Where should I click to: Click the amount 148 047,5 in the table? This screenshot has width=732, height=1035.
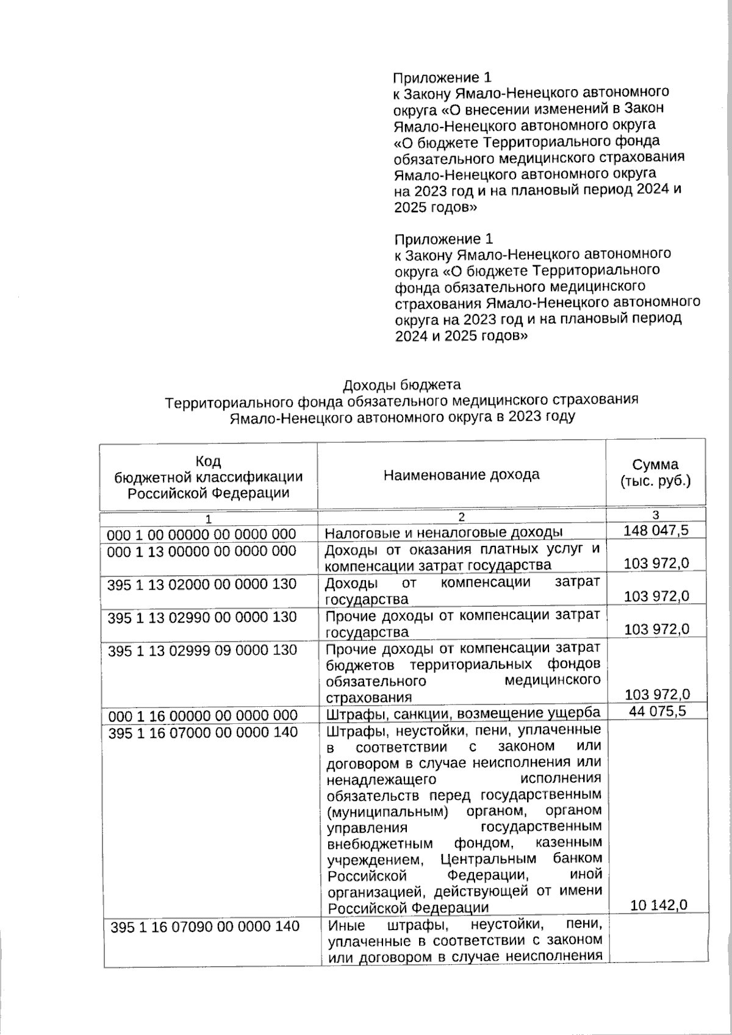[x=656, y=530]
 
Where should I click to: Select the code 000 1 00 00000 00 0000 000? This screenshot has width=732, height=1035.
[x=201, y=534]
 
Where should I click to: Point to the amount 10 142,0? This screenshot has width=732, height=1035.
[x=659, y=905]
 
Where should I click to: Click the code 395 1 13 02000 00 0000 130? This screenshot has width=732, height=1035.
[x=202, y=584]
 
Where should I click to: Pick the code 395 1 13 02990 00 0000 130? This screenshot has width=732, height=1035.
[x=202, y=617]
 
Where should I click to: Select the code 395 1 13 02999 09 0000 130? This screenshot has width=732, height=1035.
[x=202, y=650]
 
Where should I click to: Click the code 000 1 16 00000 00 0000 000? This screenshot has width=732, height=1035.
[x=202, y=715]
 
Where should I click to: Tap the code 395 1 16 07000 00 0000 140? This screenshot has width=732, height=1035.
[x=202, y=732]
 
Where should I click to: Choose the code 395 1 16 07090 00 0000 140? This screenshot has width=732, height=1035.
[x=205, y=926]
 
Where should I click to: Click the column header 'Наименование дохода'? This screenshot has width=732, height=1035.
[x=461, y=474]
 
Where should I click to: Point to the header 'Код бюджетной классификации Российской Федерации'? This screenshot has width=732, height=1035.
[x=209, y=477]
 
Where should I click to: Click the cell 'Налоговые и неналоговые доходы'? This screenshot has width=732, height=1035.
[x=443, y=532]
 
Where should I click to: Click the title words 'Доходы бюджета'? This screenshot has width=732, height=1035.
[x=401, y=384]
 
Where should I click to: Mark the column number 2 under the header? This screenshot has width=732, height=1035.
[x=461, y=517]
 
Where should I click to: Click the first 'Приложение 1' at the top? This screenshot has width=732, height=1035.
[x=442, y=77]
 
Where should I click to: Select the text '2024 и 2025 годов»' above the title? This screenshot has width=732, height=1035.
[x=461, y=335]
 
